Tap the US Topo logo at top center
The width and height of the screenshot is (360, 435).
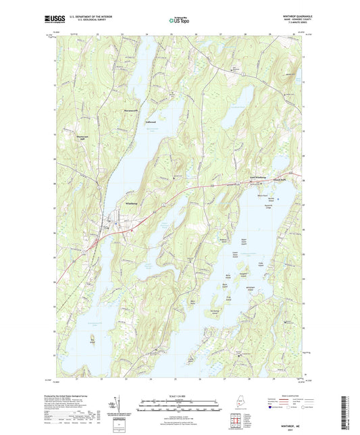coord(180,22)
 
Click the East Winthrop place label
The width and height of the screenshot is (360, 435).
coord(255,179)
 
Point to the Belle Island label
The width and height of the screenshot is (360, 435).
coord(228,277)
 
